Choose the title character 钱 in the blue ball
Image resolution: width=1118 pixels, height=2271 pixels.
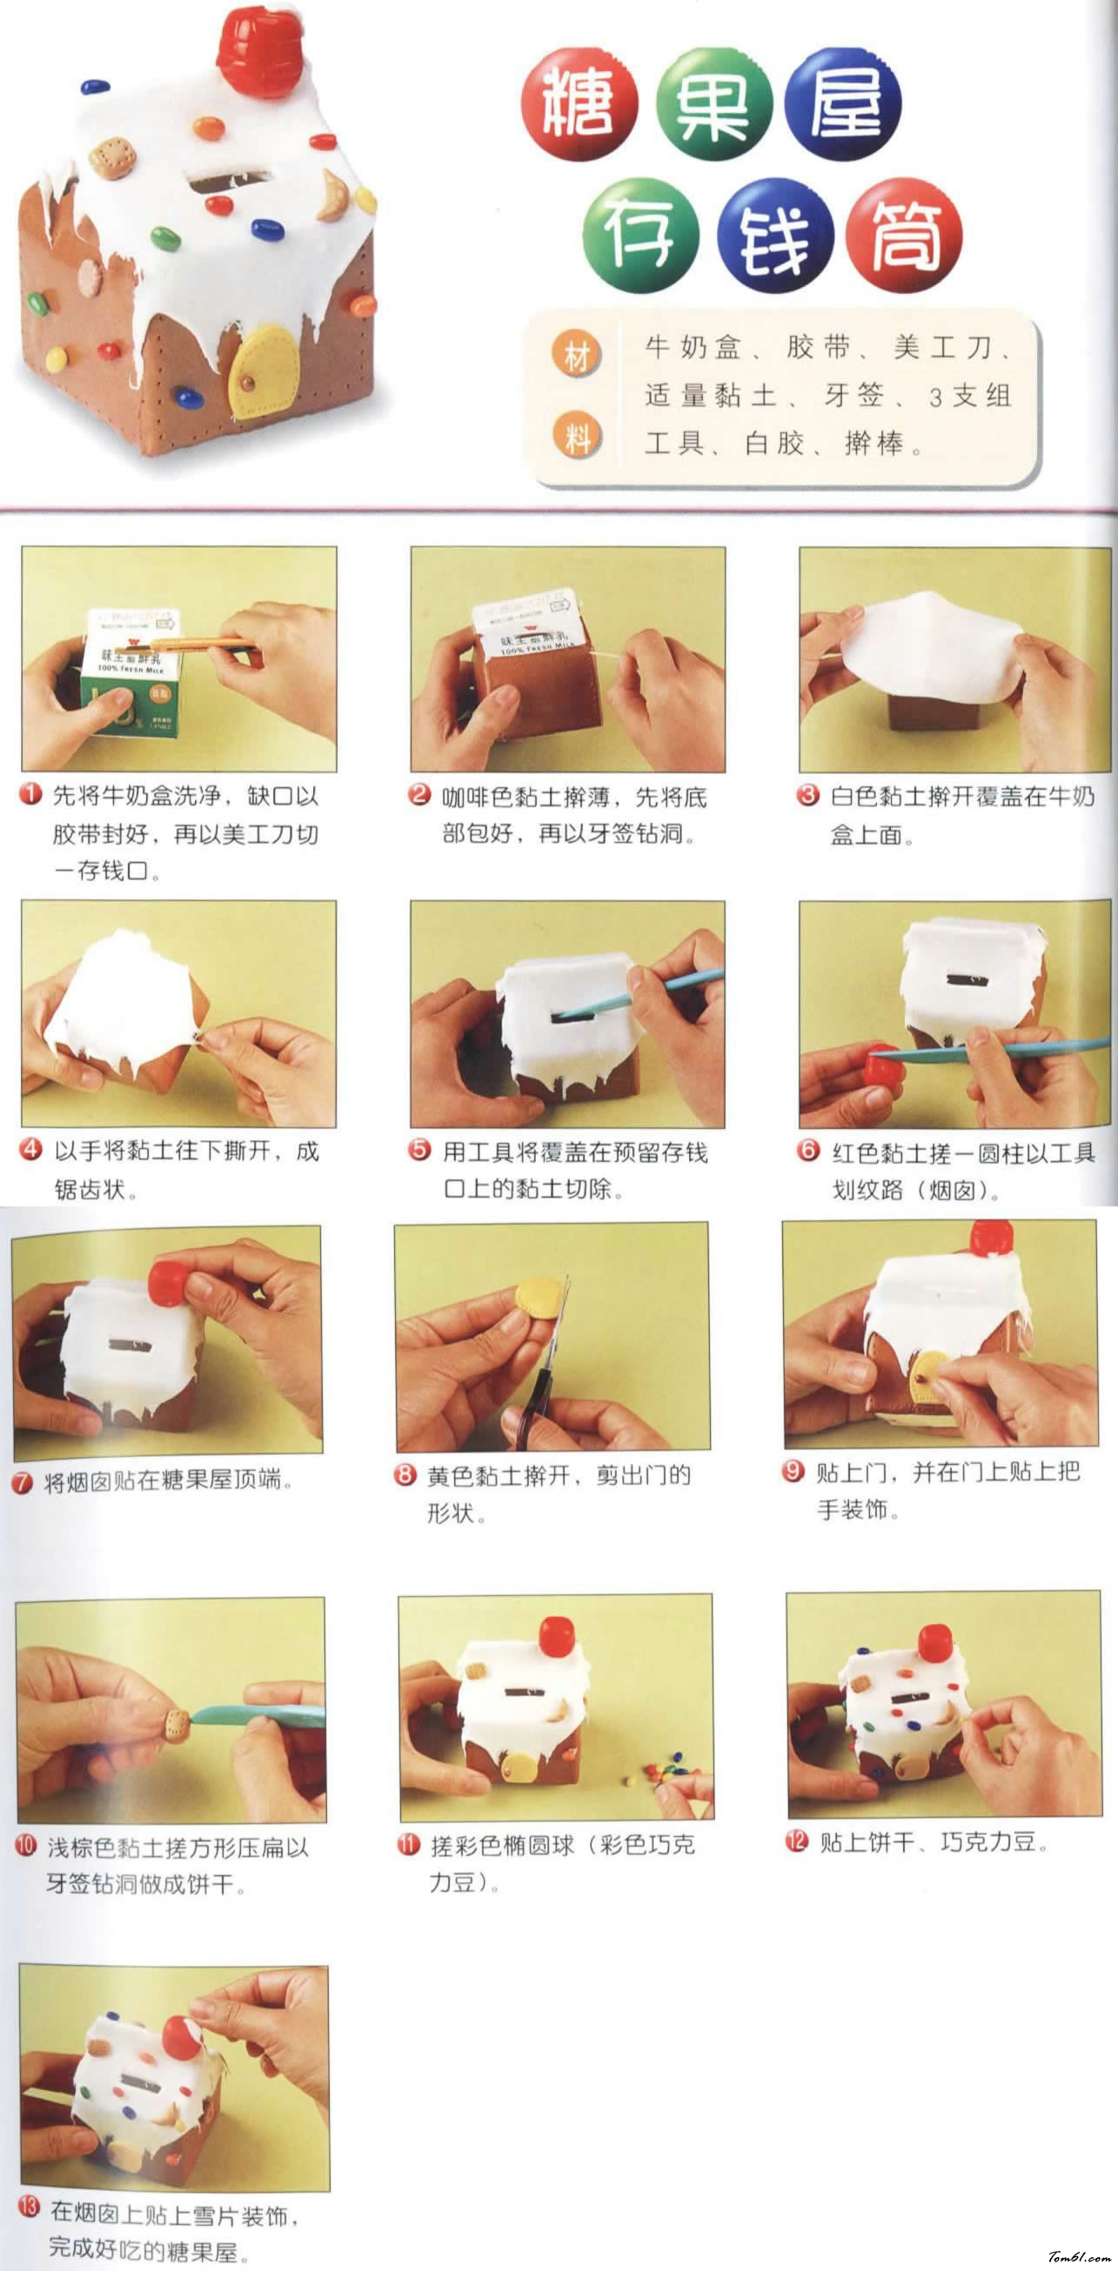click(x=776, y=236)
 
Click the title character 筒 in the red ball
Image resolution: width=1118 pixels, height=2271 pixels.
click(x=905, y=236)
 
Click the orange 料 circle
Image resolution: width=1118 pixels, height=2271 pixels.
click(x=577, y=436)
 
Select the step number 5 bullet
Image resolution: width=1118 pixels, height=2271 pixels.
click(x=419, y=1151)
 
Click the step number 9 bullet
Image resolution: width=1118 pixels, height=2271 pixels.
click(x=793, y=1472)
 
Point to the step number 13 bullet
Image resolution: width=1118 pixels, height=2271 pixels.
click(x=29, y=2208)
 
